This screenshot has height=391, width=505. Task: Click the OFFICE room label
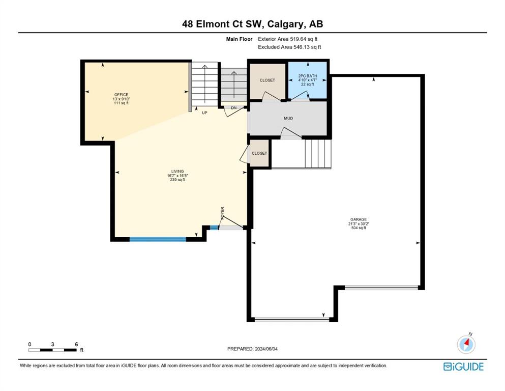tap(122, 95)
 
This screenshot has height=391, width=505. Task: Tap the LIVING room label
tap(177, 172)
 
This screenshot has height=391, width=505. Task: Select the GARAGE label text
tap(359, 219)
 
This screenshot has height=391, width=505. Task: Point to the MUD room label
tap(288, 118)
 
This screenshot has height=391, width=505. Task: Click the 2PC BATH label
tap(308, 76)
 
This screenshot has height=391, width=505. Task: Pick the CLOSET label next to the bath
tap(268, 80)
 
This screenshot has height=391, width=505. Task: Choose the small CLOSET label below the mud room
tap(259, 153)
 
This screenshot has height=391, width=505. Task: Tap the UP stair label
tap(204, 113)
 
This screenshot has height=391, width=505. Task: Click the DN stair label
tap(234, 108)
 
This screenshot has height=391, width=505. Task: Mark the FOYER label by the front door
tap(222, 213)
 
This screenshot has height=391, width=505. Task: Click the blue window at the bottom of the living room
tap(158, 239)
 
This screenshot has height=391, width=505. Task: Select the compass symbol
tap(466, 344)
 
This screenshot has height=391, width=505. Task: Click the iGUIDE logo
tap(463, 367)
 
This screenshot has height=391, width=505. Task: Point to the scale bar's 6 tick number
tap(76, 344)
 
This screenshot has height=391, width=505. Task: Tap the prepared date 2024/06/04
tap(266, 349)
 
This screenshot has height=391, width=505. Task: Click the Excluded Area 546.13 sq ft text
tap(289, 47)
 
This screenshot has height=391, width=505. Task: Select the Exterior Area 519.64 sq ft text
tap(288, 39)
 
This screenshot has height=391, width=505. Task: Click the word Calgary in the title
tap(285, 24)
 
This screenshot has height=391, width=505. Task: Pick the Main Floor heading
tap(240, 39)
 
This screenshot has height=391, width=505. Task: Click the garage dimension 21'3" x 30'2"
tap(359, 224)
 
